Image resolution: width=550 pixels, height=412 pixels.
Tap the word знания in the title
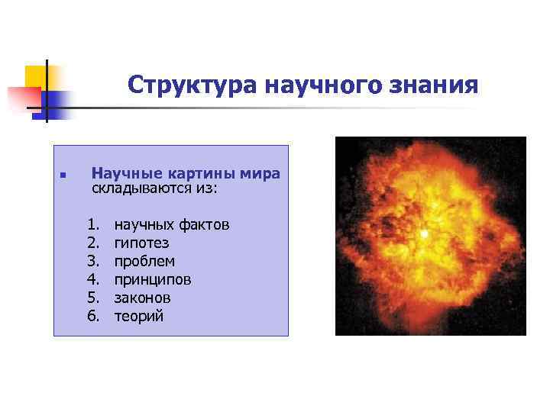point(435,85)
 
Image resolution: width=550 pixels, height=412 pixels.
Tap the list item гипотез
point(141,243)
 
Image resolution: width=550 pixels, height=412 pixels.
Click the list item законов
point(142,298)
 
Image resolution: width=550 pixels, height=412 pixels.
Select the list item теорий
point(138,316)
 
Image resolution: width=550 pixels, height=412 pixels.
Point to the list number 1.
point(93,225)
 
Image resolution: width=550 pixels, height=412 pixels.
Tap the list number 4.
point(93,280)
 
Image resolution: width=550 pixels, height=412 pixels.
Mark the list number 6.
point(93,316)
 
